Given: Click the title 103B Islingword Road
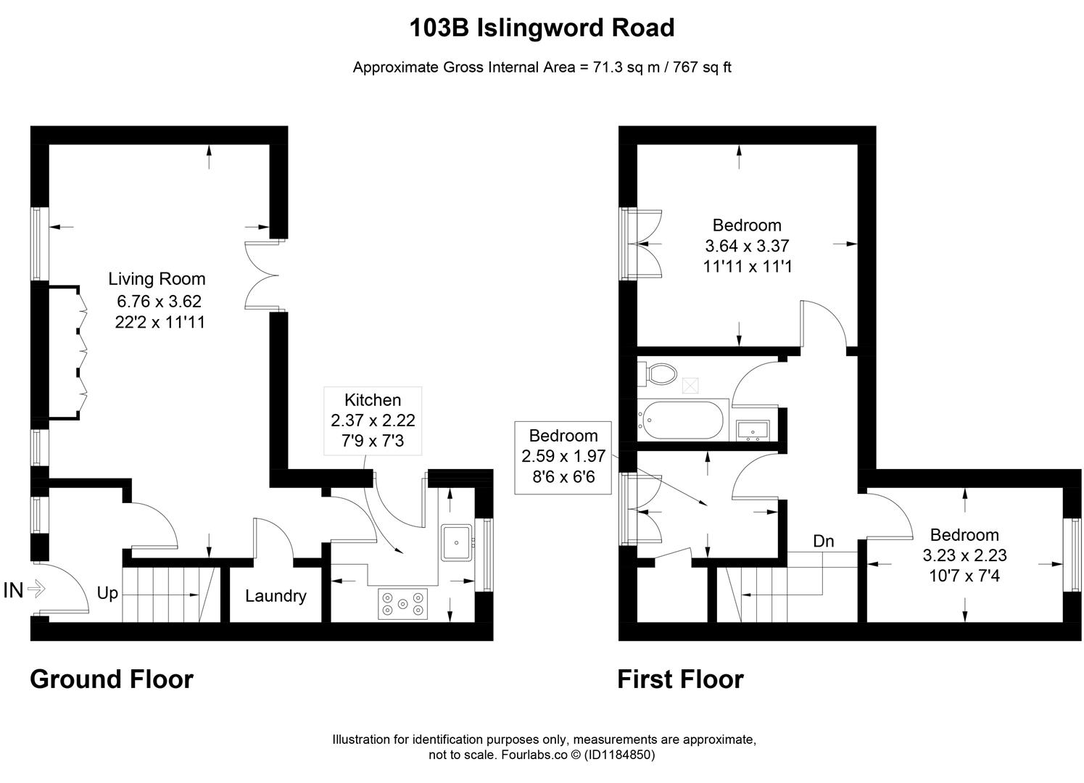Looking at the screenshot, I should tap(542, 28).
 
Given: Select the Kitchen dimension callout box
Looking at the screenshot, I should tap(373, 420).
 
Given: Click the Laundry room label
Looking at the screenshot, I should tap(276, 596).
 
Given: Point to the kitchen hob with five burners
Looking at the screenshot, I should tap(402, 603).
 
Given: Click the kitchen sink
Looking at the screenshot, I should tap(457, 542).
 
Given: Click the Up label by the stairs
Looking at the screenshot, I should tap(107, 593).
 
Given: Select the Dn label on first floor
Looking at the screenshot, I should tap(823, 541).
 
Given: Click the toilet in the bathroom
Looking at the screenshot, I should tap(658, 374).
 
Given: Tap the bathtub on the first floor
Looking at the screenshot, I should tap(681, 420).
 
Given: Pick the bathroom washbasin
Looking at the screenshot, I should tap(753, 431).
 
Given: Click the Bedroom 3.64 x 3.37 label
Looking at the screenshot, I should tap(747, 246).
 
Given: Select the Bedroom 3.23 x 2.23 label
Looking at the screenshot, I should tap(964, 555).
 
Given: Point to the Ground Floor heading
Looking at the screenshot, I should tap(112, 679).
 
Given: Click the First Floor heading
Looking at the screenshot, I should tap(680, 679).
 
